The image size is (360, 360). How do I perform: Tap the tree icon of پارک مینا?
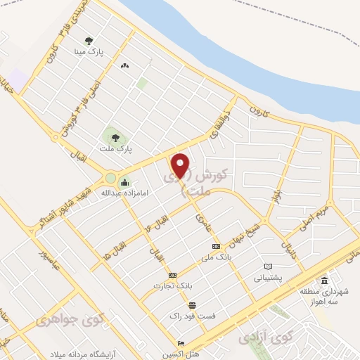(89, 41)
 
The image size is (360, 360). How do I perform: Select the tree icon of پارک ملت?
(112, 136)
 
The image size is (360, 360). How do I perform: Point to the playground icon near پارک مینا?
(124, 65)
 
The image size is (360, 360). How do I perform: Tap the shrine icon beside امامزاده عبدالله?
(124, 184)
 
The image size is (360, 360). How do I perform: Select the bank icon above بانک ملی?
(216, 246)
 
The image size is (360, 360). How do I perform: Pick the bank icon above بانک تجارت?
(173, 274)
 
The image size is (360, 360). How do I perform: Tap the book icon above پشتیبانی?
(267, 266)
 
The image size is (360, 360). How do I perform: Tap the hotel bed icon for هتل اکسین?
(181, 344)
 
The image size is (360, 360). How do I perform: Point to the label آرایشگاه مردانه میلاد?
(91, 353)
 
